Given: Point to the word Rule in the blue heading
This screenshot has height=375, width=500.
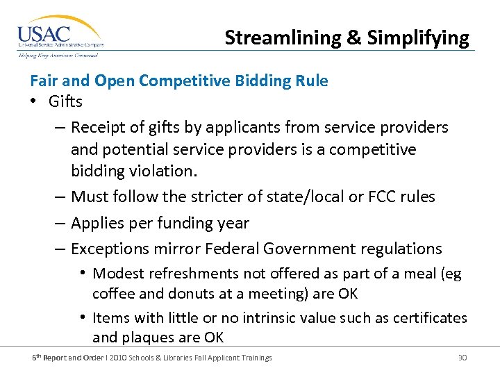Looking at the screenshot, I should click(312, 81).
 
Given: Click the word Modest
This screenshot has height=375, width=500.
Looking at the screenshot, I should click(117, 274).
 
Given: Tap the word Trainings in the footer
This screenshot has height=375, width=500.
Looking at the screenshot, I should click(255, 358).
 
